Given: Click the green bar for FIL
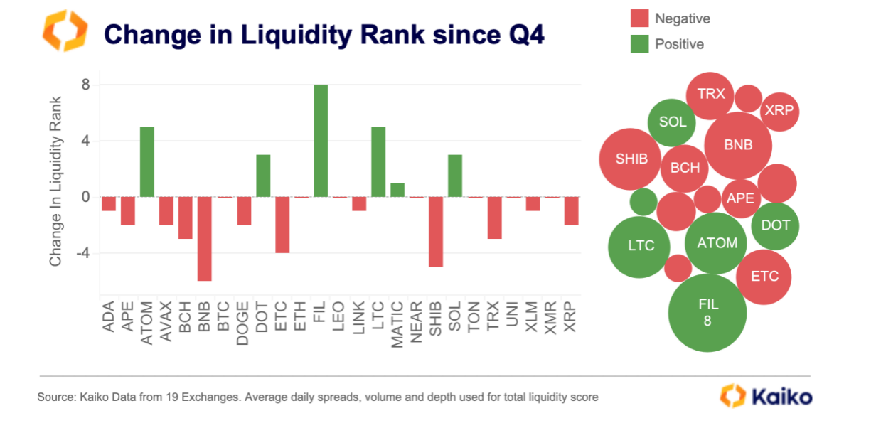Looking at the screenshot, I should tap(321, 141).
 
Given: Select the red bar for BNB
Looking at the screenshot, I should tap(205, 239).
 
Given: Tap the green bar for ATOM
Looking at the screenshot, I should tap(146, 162).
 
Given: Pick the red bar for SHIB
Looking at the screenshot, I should tap(436, 232).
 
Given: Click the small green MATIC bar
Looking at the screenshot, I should tap(397, 191).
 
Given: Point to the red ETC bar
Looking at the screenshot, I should tap(282, 225).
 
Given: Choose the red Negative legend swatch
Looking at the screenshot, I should tap(640, 18).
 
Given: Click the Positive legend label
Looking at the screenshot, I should tap(679, 44).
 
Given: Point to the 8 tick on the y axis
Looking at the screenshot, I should tap(85, 85).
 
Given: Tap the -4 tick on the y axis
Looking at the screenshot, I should tap(82, 253).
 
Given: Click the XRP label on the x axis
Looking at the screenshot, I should tap(571, 320).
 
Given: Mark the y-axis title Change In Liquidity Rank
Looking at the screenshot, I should tap(56, 181).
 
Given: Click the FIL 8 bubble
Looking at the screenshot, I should tap(707, 312).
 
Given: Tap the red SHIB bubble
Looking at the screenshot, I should tap(631, 159).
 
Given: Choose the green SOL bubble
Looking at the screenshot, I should tap(672, 122).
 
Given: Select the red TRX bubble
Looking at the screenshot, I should tap(710, 95).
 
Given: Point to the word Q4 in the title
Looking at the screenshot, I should tap(525, 33).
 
